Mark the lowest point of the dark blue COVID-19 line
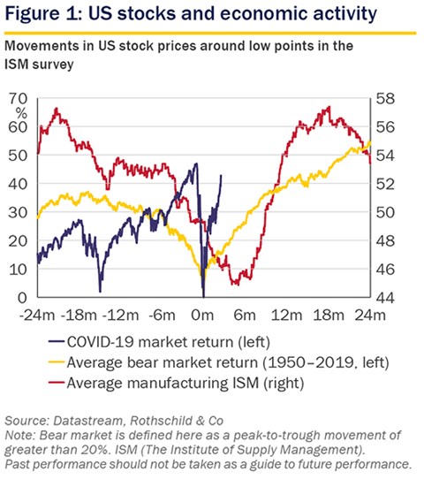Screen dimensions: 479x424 click(x=204, y=296)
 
